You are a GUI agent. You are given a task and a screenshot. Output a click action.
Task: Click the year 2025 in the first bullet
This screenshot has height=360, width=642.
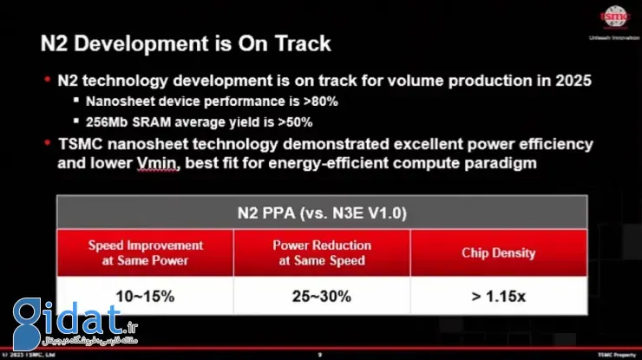[573, 81]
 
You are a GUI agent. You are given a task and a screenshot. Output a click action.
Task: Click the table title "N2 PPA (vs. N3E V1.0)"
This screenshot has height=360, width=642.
[320, 212]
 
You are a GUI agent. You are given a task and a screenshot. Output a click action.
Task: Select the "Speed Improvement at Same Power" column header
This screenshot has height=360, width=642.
[145, 252]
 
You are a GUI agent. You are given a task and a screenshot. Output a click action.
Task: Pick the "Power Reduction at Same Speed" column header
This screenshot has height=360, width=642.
[322, 252]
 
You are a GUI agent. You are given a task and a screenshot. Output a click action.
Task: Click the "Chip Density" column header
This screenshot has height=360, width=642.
[498, 252]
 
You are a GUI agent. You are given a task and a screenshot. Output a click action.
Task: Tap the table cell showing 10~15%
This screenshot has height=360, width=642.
[145, 296]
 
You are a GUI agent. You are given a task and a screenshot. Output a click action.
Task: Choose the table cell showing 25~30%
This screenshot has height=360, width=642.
[322, 296]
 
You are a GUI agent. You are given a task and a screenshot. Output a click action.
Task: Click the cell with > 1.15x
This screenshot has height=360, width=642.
[498, 296]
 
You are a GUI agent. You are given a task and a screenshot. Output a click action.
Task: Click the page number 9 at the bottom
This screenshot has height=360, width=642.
[319, 355]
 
